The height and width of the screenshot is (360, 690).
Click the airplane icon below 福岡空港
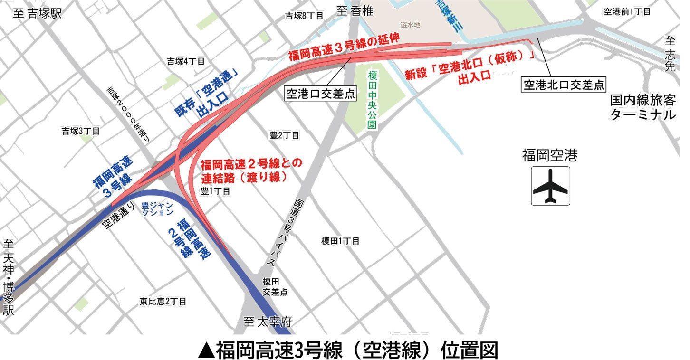click(x=550, y=186)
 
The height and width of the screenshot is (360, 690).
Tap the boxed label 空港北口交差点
click(x=564, y=85)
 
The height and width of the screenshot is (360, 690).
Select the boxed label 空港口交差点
click(x=320, y=94)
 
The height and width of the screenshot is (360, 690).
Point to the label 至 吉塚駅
click(x=38, y=13)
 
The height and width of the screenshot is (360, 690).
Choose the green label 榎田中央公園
click(x=372, y=100)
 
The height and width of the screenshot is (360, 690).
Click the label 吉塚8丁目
click(x=304, y=16)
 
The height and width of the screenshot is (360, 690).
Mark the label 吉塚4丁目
click(x=185, y=61)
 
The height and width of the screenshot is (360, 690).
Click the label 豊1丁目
click(x=215, y=191)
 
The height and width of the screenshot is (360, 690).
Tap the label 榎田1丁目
click(x=340, y=241)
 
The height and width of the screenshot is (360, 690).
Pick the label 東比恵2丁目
click(x=163, y=301)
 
